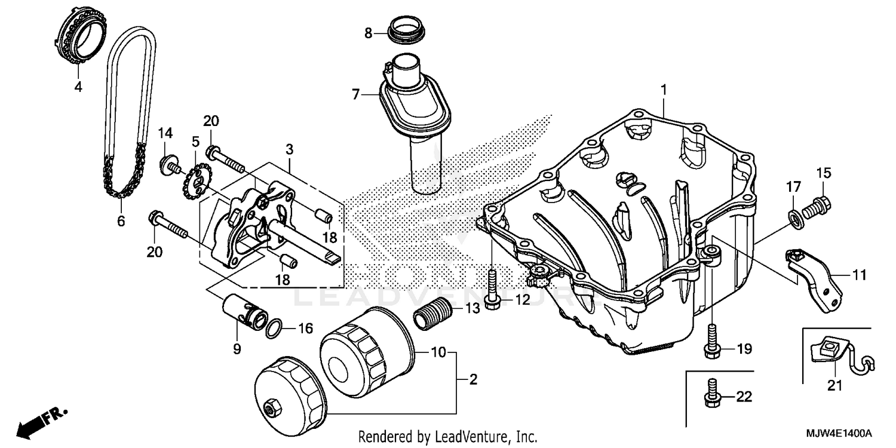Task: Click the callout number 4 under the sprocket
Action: [x=78, y=87]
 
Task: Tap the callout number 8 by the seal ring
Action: [x=369, y=33]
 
